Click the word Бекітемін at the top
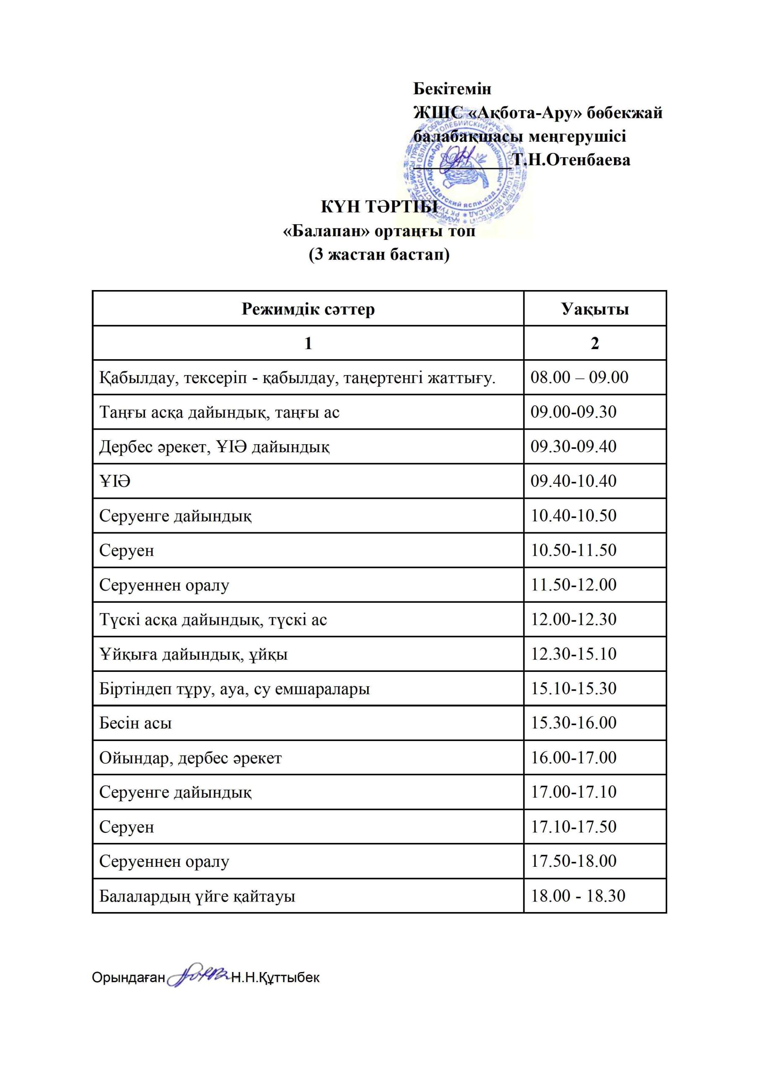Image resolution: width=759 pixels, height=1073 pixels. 452,88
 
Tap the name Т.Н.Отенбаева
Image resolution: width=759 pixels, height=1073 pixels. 572,160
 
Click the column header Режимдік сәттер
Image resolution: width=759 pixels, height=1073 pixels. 308,309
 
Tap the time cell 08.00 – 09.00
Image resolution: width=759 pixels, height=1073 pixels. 579,377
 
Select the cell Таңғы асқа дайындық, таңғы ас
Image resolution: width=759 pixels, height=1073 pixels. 219,412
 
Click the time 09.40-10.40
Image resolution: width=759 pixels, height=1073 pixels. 573,481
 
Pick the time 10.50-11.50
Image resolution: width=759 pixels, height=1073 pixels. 573,550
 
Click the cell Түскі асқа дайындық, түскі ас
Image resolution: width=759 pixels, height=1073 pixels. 213,619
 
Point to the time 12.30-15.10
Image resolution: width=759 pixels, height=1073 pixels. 573,654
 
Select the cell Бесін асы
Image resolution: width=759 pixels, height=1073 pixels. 135,723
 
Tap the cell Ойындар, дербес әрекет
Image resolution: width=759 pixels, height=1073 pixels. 190,757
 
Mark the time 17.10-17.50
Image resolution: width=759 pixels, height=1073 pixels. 573,827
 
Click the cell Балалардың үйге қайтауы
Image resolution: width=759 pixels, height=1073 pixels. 197,896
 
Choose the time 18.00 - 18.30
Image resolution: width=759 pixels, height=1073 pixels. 578,896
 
